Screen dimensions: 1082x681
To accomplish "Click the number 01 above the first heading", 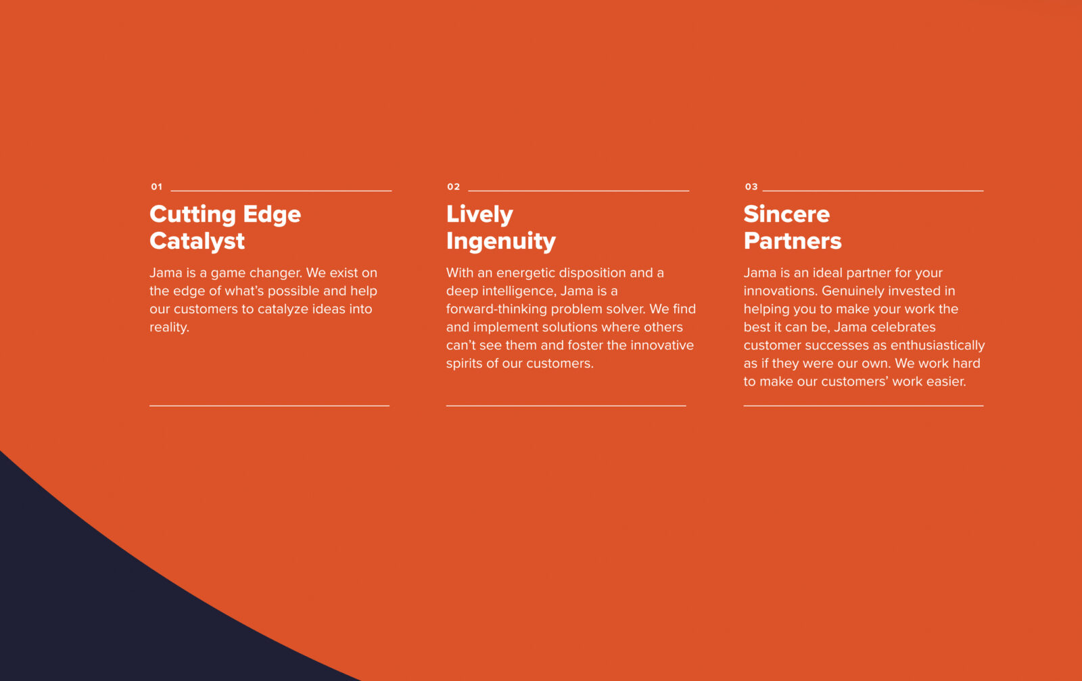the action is tap(156, 187).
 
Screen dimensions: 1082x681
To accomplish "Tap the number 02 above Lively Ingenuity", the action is tap(454, 187).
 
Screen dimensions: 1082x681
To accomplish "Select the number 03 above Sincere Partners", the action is tap(751, 187).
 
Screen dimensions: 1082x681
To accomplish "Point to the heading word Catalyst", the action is tap(197, 241).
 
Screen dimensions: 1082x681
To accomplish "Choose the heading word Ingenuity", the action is tap(501, 241).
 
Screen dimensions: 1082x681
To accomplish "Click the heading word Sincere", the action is tap(787, 214).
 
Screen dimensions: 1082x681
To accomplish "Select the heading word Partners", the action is tap(793, 241).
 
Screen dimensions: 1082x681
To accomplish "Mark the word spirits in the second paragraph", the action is tap(464, 364).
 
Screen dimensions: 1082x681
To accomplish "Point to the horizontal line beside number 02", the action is tap(579, 191).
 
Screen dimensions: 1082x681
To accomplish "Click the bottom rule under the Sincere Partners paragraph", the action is tap(864, 406).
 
